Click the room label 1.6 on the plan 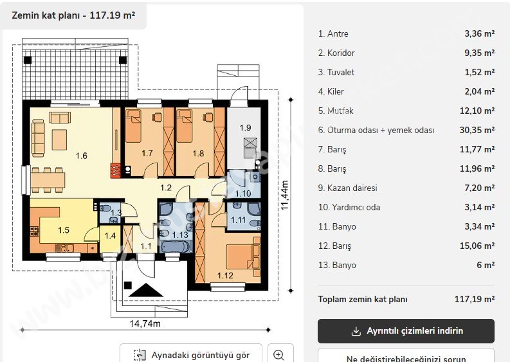tap(82, 156)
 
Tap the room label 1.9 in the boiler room tap(245, 128)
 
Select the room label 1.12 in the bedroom tap(225, 276)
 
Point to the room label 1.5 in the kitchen tap(64, 230)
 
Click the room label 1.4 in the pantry tap(110, 236)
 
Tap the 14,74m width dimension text tap(145, 323)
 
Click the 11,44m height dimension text tap(284, 195)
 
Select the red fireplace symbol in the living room tap(116, 171)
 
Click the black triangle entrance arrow tap(146, 290)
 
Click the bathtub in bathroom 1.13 tap(174, 246)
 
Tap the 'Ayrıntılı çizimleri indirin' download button tap(406, 331)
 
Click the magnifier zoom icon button tap(279, 355)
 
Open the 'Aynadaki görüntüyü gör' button tap(191, 355)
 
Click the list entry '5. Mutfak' tap(336, 111)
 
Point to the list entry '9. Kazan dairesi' tap(348, 188)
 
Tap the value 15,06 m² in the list tap(477, 246)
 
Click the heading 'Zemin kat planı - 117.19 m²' tap(73, 15)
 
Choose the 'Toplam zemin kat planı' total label tap(363, 299)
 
